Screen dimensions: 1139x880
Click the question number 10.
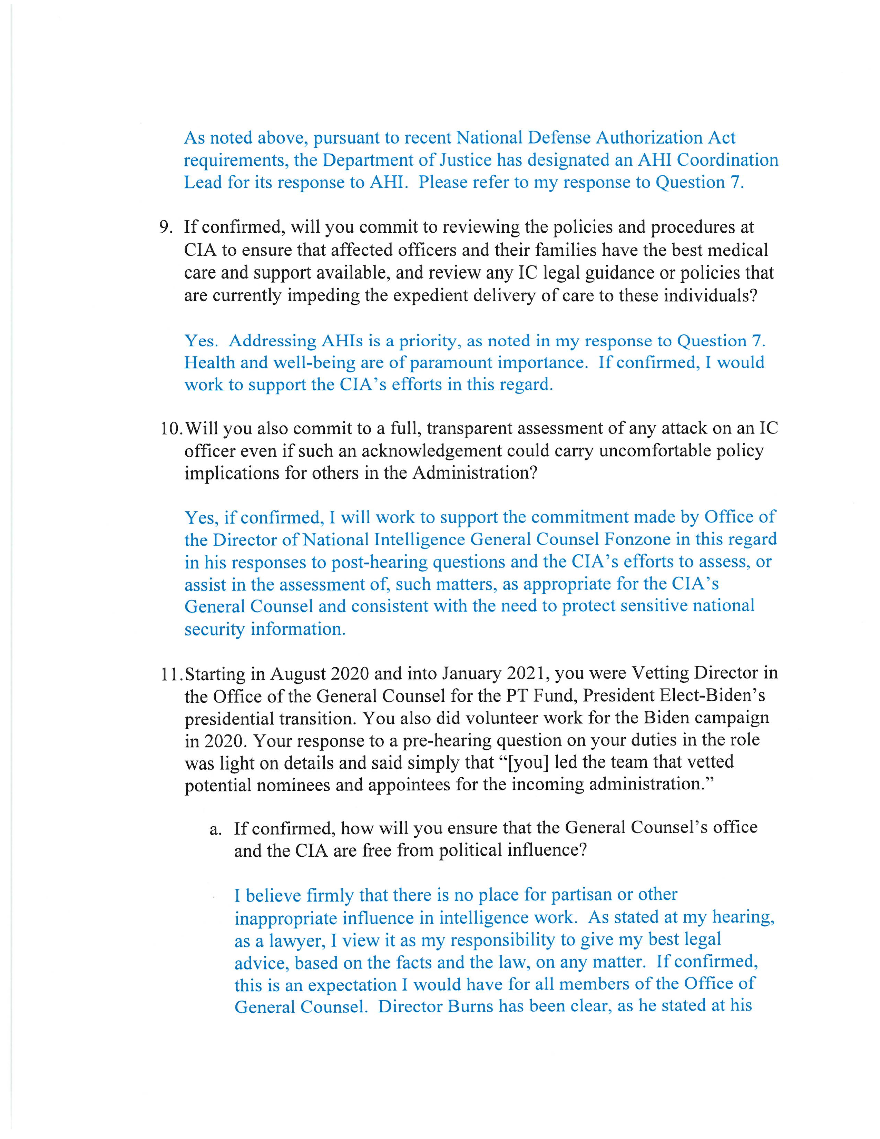[170, 429]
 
